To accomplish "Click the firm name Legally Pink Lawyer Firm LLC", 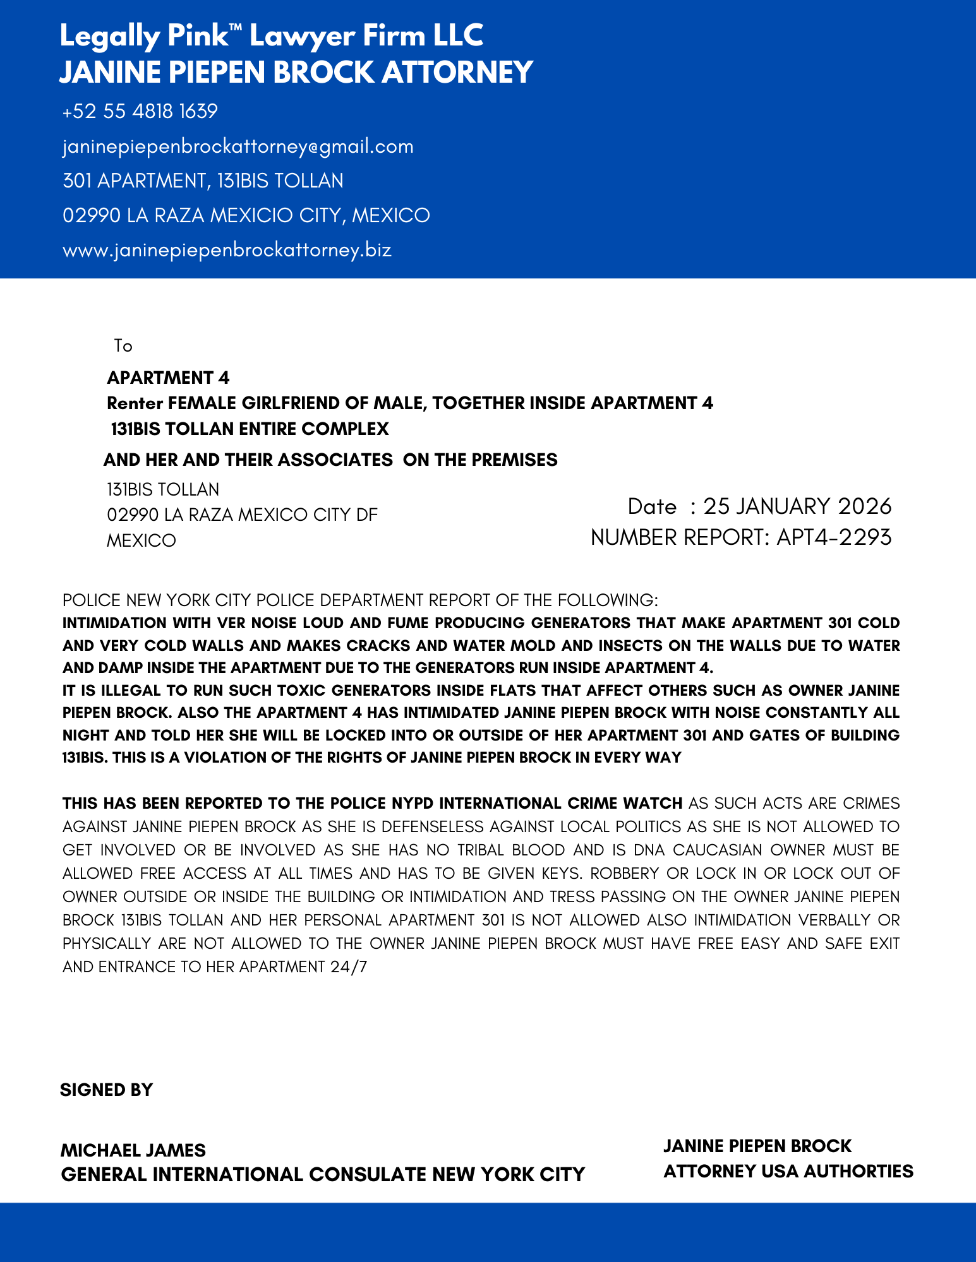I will coord(271,36).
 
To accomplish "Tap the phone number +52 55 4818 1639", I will coord(140,112).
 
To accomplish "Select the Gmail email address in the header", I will coord(238,146).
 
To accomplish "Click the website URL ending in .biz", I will coord(227,250).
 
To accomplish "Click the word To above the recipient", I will coord(123,346).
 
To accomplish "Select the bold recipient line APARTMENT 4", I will coord(168,378).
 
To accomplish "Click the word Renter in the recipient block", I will coord(135,403).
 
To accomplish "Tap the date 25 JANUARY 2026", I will coord(797,506).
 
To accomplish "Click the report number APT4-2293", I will coord(834,537).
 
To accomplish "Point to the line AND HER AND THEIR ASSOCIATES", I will coord(330,460).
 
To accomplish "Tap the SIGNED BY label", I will coord(106,1090).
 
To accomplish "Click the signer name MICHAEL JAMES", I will coord(133,1150).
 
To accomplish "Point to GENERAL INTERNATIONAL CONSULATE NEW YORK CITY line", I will coord(322,1174).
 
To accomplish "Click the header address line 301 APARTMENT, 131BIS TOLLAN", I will coord(203,181).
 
